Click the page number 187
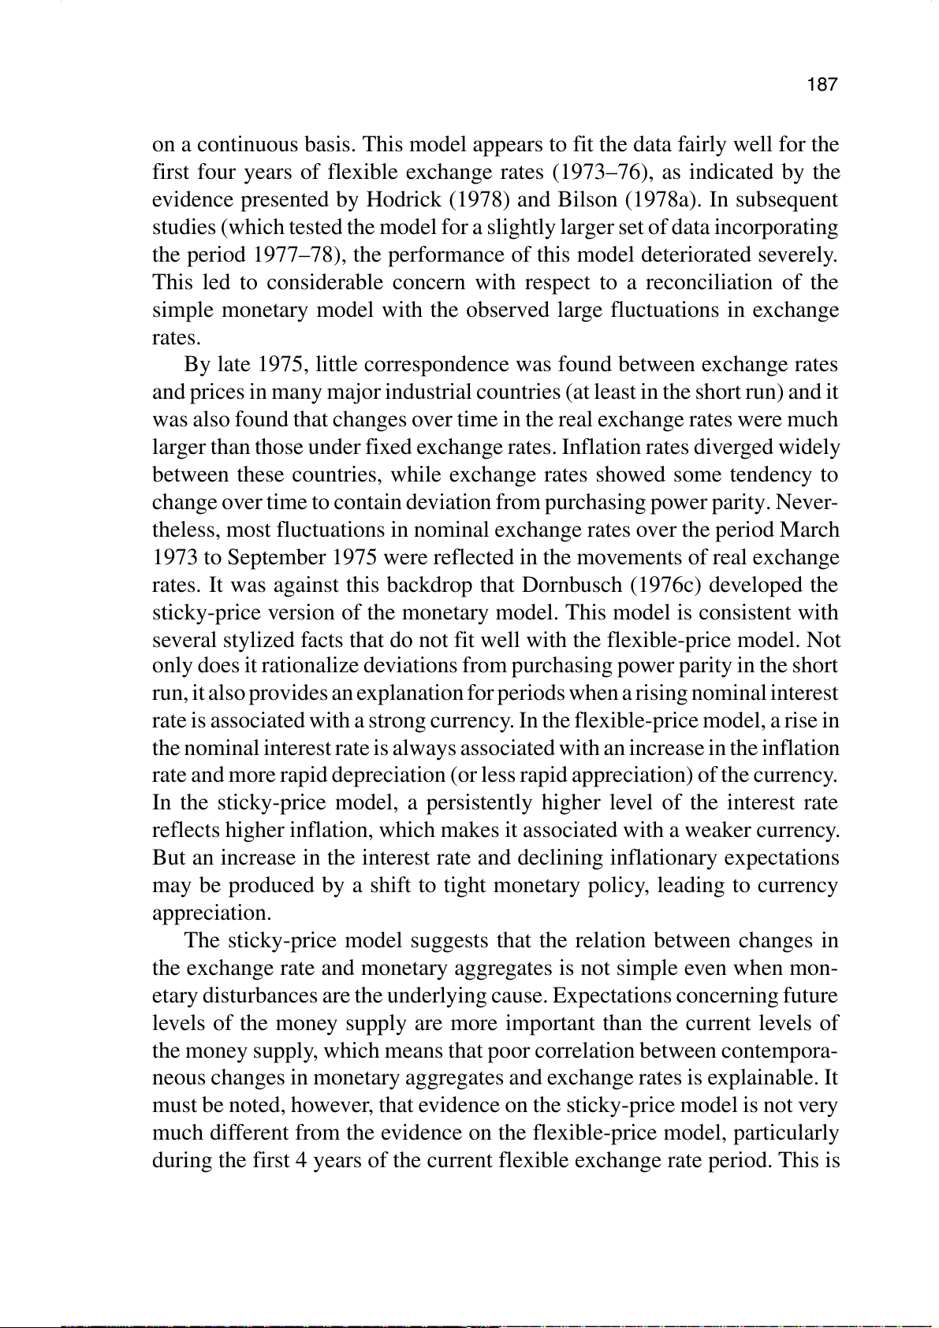tap(822, 85)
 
